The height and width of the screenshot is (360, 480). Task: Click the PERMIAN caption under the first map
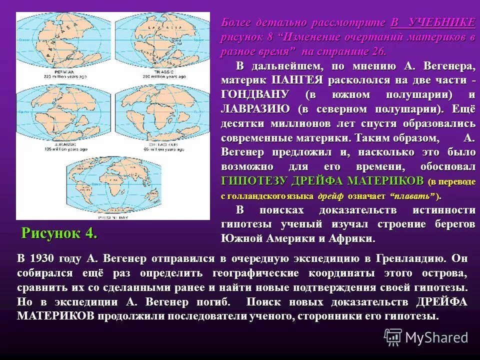[50, 71]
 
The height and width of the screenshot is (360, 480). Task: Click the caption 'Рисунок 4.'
[59, 233]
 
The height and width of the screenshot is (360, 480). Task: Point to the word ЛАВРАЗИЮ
[255, 108]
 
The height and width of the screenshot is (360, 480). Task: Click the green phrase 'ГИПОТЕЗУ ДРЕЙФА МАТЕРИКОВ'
[322, 180]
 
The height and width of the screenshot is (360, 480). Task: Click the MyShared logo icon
[392, 337]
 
